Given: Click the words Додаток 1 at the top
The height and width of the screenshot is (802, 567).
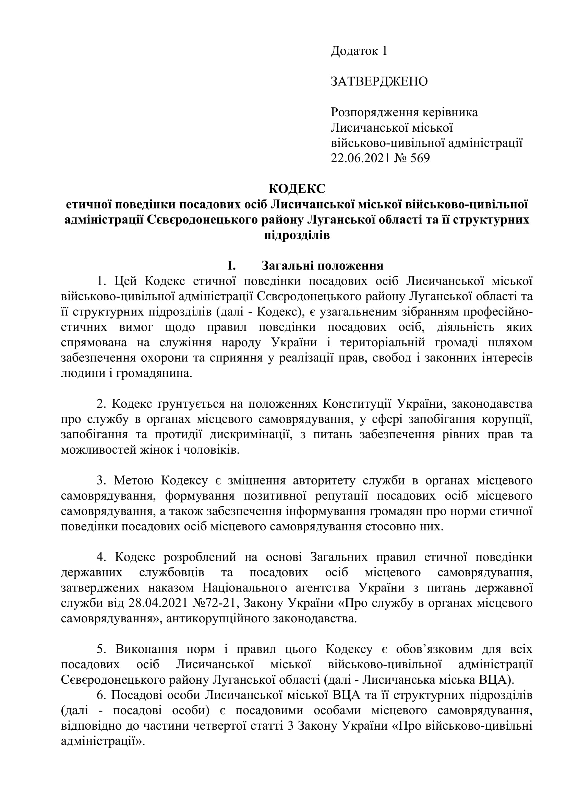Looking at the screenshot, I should click(359, 51).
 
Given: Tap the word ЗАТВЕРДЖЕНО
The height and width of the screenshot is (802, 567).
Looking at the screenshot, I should click(379, 82).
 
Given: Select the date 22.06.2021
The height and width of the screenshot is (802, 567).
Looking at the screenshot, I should click(360, 158).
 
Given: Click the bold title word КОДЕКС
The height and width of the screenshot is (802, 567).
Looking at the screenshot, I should click(297, 189).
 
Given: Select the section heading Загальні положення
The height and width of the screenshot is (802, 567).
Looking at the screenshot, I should click(322, 266).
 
